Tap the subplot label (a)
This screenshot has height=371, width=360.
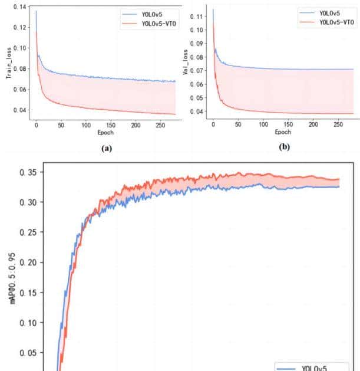[106, 148]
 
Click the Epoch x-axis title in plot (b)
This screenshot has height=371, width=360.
[283, 132]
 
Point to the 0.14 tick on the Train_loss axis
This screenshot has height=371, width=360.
[19, 6]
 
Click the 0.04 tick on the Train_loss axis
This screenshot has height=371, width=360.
[19, 110]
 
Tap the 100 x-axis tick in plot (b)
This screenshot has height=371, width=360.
[263, 124]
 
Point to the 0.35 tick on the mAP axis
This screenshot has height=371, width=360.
[28, 172]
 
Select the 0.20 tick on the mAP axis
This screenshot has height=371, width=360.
[28, 262]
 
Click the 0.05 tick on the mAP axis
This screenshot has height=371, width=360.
[28, 353]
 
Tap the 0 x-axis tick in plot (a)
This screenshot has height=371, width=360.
[36, 126]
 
